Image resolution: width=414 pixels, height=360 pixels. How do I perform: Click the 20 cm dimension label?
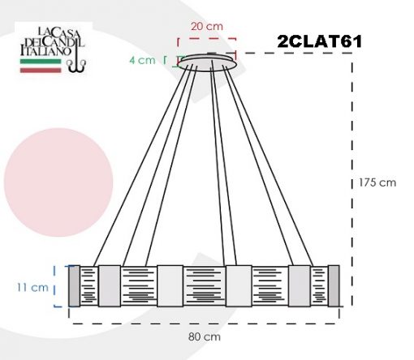pyautogui.click(x=207, y=27)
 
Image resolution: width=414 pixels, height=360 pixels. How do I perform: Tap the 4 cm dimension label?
pyautogui.click(x=142, y=60)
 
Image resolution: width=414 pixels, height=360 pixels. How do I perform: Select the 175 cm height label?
pyautogui.click(x=377, y=182)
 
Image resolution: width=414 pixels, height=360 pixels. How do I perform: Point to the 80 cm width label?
pyautogui.click(x=205, y=336)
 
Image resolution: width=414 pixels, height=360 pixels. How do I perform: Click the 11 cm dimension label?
pyautogui.click(x=32, y=287)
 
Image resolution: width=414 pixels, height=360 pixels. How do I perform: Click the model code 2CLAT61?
pyautogui.click(x=320, y=41)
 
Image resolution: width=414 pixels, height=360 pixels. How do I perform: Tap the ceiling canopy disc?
pyautogui.click(x=209, y=62)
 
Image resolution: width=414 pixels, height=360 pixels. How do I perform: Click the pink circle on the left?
pyautogui.click(x=58, y=182)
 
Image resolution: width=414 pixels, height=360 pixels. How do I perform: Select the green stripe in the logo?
pyautogui.click(x=41, y=62)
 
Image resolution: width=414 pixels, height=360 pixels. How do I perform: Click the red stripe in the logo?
pyautogui.click(x=41, y=71)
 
